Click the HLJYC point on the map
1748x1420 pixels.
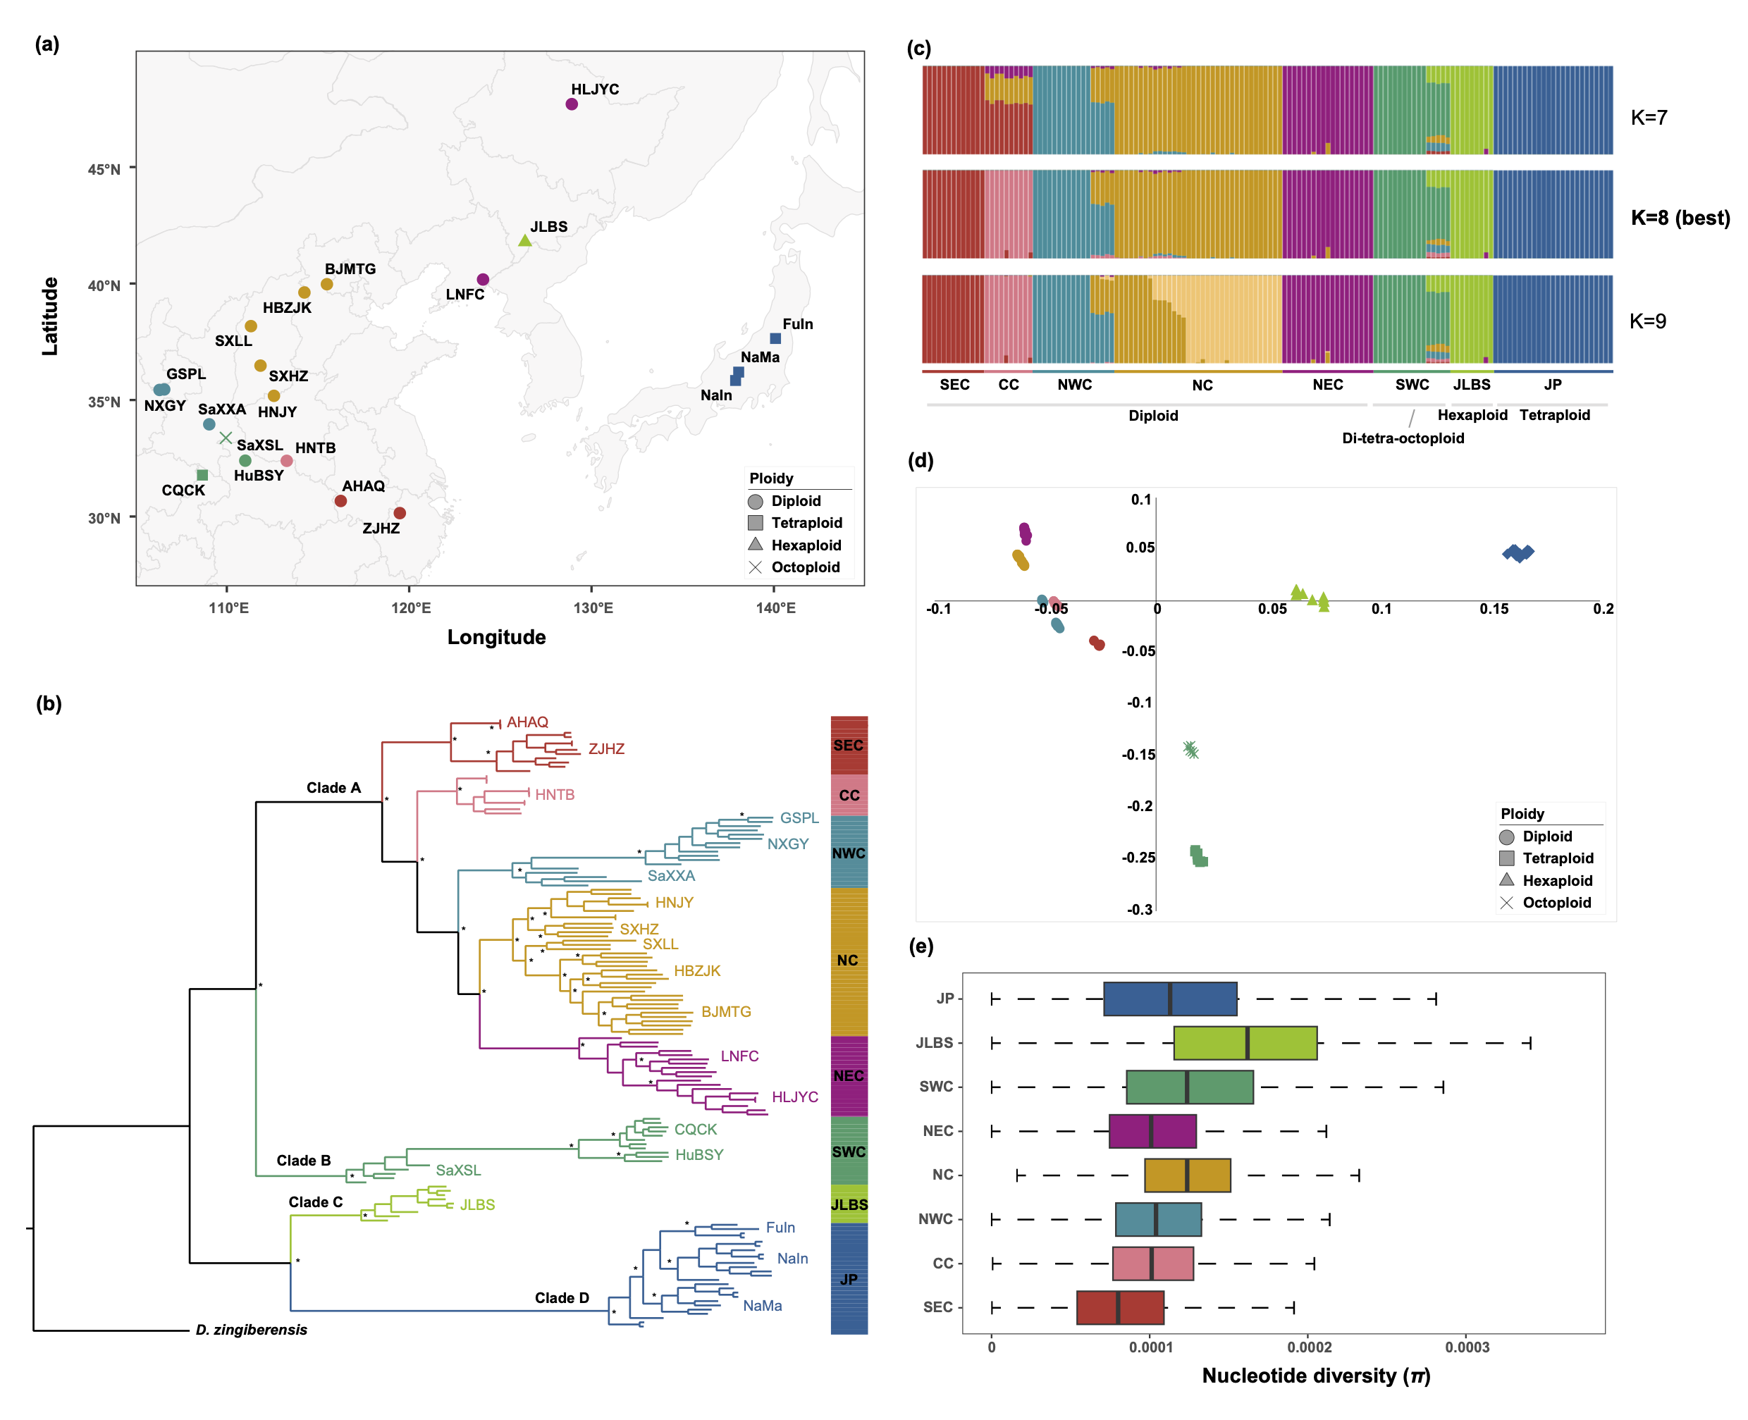572,104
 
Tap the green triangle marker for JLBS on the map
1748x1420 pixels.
525,240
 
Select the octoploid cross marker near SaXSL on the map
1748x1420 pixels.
226,438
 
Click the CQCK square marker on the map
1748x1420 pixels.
202,475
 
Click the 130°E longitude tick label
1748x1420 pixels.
592,607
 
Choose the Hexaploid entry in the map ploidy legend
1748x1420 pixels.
806,545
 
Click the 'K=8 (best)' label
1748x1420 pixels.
1680,218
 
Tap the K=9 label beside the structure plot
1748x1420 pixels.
1647,321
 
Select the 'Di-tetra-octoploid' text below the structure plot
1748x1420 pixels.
1402,438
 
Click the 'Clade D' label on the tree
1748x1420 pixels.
562,1298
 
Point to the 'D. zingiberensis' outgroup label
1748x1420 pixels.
251,1330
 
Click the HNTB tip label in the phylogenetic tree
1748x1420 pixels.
555,794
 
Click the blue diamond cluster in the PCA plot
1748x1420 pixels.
1518,554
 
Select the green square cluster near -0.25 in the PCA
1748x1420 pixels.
1199,856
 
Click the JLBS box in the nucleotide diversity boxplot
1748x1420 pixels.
1244,1043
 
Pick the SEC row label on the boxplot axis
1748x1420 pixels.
937,1307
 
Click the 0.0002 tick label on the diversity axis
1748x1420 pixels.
1309,1347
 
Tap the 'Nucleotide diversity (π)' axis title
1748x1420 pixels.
1315,1376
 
